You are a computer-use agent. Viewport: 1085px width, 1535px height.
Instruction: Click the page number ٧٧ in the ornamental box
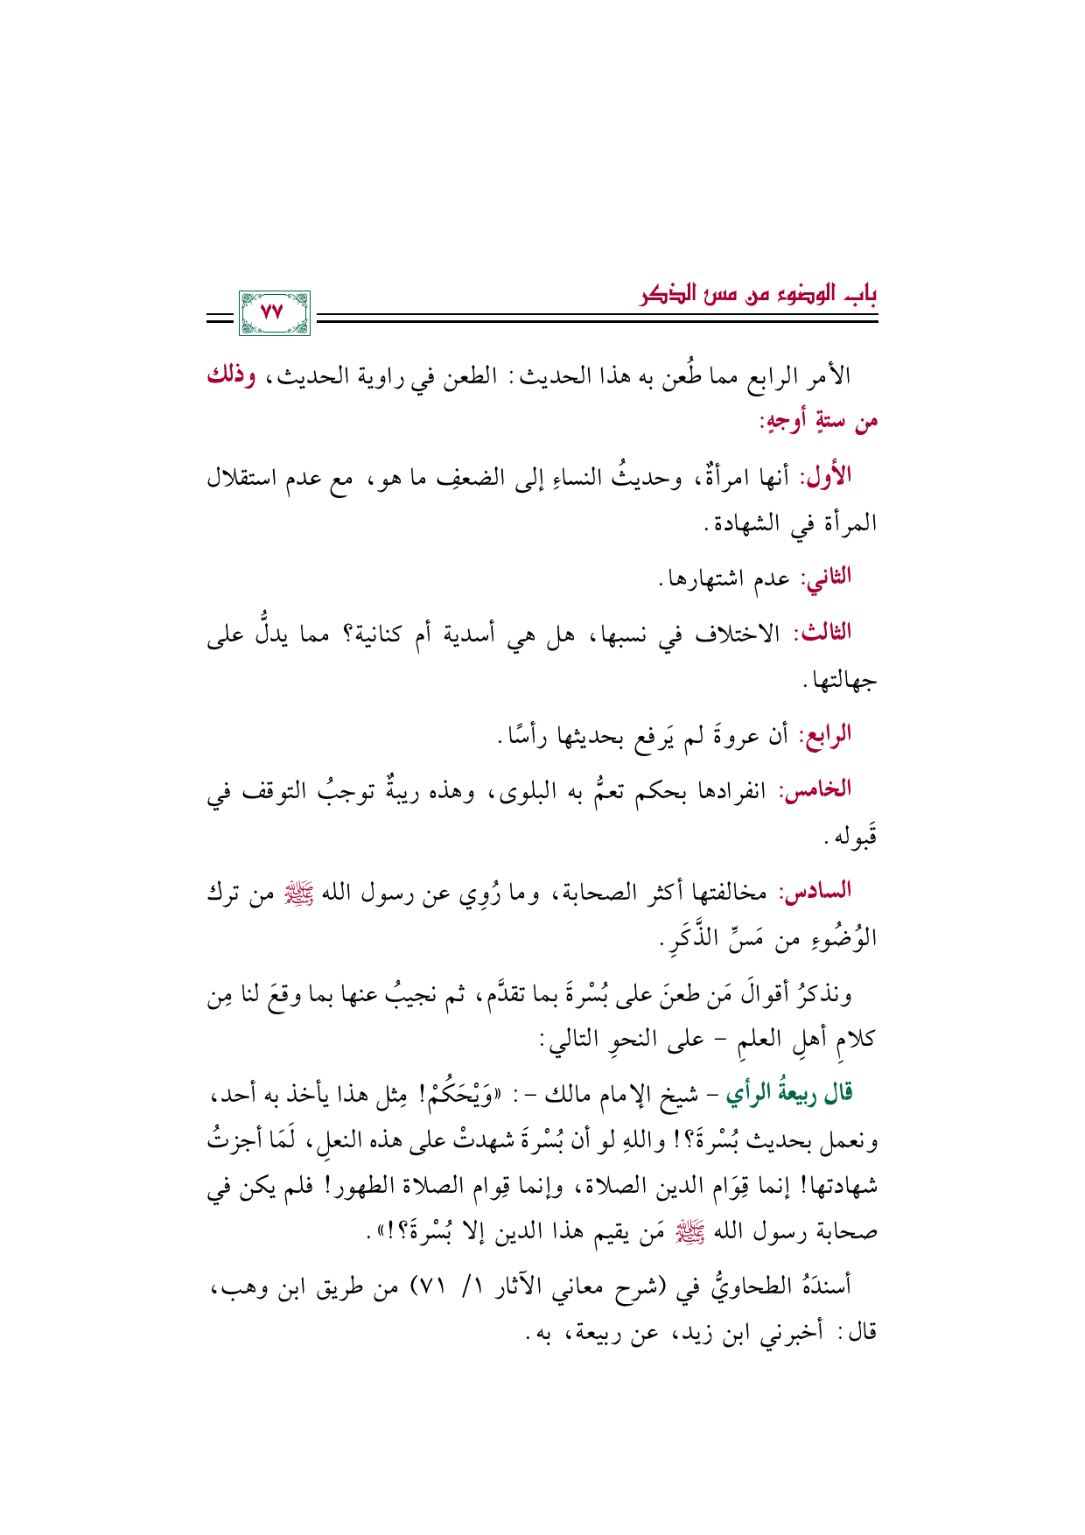pos(273,312)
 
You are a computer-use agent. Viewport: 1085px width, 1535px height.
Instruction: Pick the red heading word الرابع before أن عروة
pos(824,735)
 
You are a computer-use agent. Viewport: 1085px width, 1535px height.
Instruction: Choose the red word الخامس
pos(819,789)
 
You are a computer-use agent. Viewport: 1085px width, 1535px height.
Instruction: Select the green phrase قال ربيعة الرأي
pos(791,1093)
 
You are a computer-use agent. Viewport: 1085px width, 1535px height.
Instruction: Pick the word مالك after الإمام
pos(572,1094)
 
